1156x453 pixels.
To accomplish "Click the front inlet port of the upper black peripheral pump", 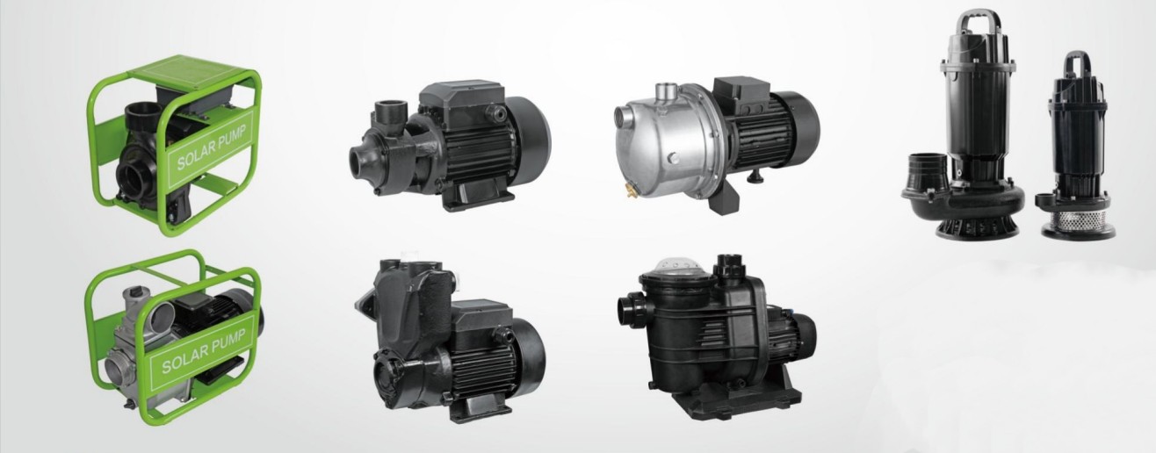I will pyautogui.click(x=361, y=161).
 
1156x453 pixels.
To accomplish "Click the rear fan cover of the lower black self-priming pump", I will pyautogui.click(x=530, y=354).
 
